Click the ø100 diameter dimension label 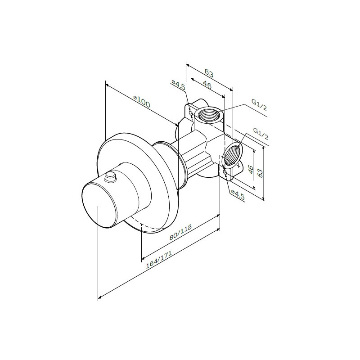[x=142, y=102]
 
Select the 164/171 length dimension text [x=159, y=260]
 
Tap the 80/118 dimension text [x=180, y=232]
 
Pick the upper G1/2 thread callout [x=259, y=105]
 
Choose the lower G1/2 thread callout [x=261, y=134]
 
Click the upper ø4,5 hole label [x=178, y=85]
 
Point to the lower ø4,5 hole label [x=238, y=194]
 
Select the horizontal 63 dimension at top [x=209, y=73]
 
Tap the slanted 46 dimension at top [x=207, y=85]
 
